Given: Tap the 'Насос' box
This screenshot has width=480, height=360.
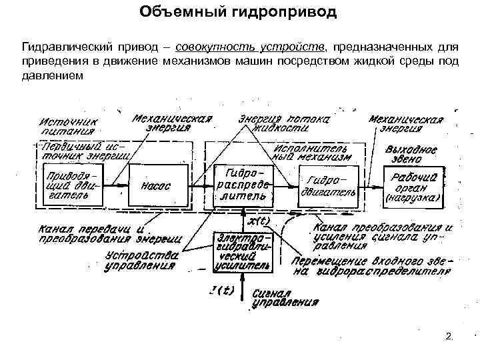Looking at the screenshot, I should pyautogui.click(x=156, y=187).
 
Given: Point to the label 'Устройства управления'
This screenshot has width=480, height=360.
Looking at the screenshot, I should pyautogui.click(x=141, y=259).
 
